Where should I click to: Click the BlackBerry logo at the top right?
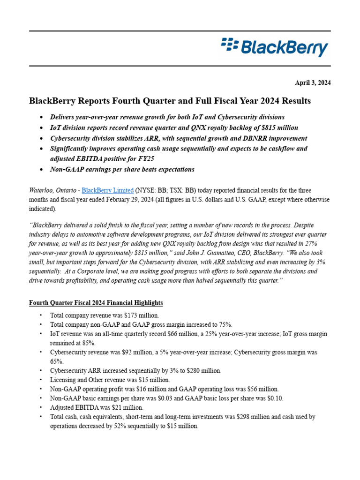pyautogui.click(x=275, y=48)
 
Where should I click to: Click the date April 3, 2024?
pyautogui.click(x=313, y=82)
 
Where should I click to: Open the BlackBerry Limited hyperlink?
pyautogui.click(x=107, y=190)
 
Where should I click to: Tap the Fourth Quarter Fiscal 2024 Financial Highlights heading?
pyautogui.click(x=96, y=303)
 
